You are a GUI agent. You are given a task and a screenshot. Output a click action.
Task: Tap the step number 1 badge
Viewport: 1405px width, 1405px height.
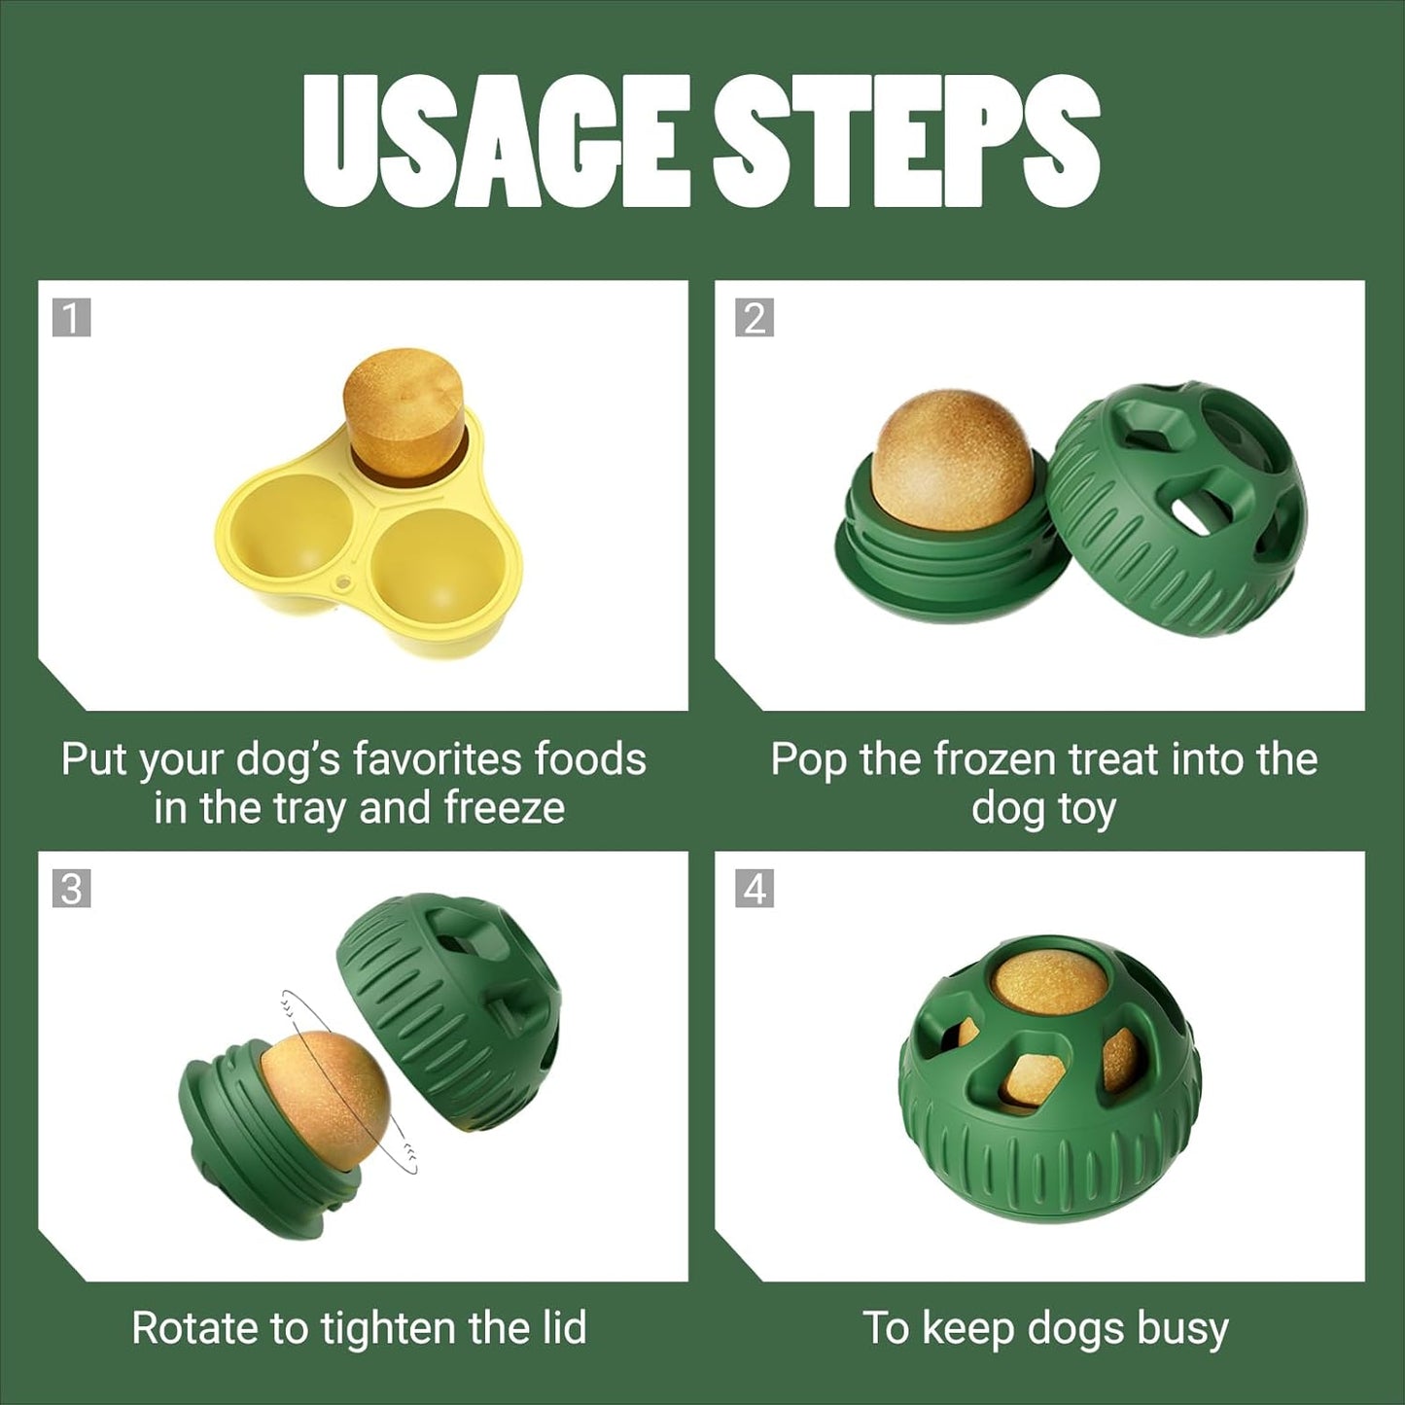coord(71,318)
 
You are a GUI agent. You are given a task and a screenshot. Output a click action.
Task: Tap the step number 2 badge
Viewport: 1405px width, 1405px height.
coord(755,318)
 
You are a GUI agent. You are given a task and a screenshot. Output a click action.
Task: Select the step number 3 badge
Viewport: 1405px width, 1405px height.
coord(71,889)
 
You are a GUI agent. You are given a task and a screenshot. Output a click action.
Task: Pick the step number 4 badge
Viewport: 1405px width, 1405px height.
coord(755,889)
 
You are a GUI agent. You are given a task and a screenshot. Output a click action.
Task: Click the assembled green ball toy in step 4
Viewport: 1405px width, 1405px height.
coord(1050,1079)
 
